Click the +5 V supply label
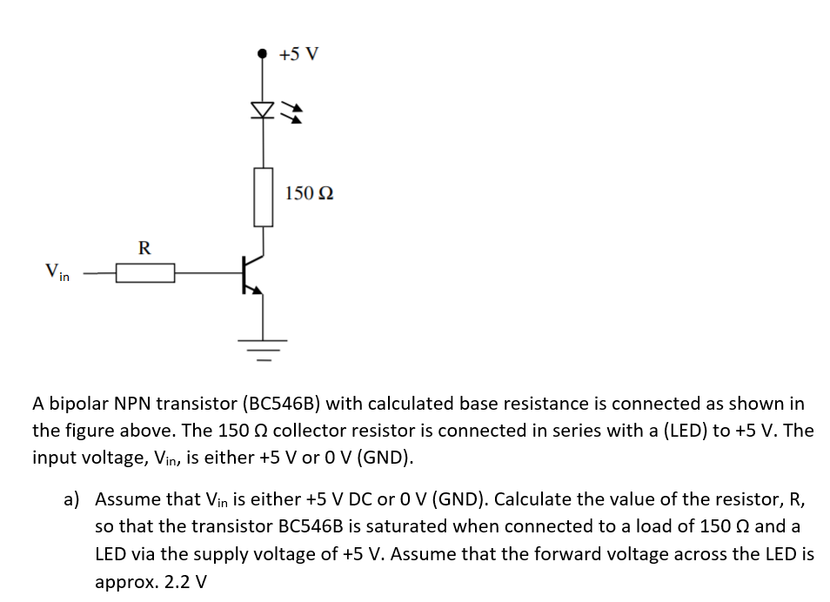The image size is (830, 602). coord(299,54)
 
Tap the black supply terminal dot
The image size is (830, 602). coord(263,53)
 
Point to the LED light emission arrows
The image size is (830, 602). coord(295,111)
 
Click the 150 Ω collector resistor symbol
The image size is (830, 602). coord(263,197)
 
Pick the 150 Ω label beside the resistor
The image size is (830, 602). coord(309,193)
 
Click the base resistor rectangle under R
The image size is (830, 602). coord(145,274)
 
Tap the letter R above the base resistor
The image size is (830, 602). coord(144,248)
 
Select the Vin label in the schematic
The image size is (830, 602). coord(57,273)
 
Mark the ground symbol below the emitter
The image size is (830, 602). coord(263,345)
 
